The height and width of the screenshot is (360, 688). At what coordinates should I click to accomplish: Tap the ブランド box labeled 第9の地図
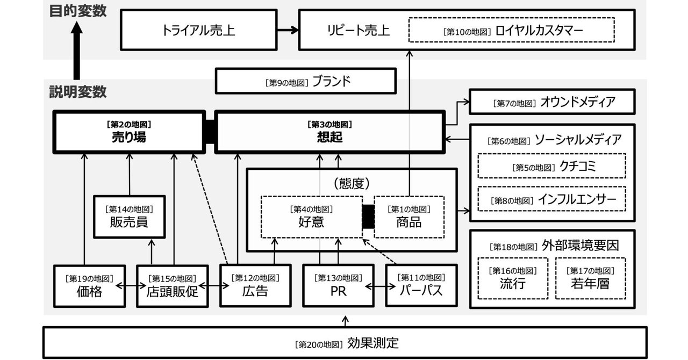pos(306,82)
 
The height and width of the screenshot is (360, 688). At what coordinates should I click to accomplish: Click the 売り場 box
pos(129,131)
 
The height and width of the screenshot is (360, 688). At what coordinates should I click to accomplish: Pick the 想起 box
pos(329,131)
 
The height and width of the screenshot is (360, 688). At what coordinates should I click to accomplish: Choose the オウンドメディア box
pos(552,102)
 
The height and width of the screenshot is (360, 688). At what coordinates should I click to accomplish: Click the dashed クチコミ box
pos(552,167)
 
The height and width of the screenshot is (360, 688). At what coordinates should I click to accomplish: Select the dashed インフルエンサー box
pos(552,199)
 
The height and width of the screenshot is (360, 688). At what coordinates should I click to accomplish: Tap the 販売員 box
pos(129,216)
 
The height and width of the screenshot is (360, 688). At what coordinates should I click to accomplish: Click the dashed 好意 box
pos(311,216)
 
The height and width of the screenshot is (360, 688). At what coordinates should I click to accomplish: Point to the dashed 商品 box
pos(409,216)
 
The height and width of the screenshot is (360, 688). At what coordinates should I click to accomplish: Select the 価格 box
pos(89,285)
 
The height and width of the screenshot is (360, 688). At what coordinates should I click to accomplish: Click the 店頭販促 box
pos(172,285)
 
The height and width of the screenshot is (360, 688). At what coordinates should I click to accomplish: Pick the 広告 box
pos(255,285)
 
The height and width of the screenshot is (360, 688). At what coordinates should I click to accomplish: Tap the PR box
pos(338,285)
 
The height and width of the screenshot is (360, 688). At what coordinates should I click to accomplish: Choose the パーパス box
pos(421,285)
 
